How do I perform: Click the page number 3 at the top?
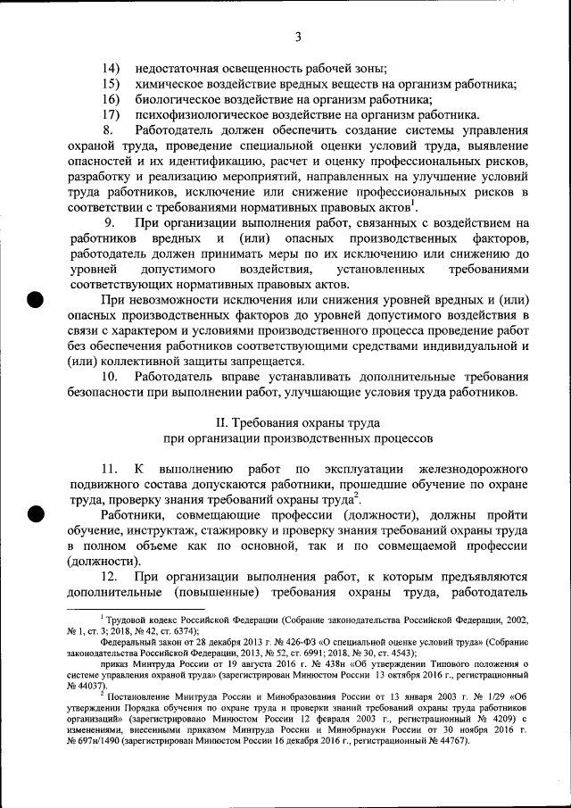click(x=300, y=37)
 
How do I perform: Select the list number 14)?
click(x=111, y=69)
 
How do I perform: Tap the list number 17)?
click(x=111, y=114)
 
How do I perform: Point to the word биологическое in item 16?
click(x=180, y=99)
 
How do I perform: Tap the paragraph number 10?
click(x=110, y=377)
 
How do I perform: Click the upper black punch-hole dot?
click(x=36, y=298)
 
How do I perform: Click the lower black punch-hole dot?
click(x=36, y=513)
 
